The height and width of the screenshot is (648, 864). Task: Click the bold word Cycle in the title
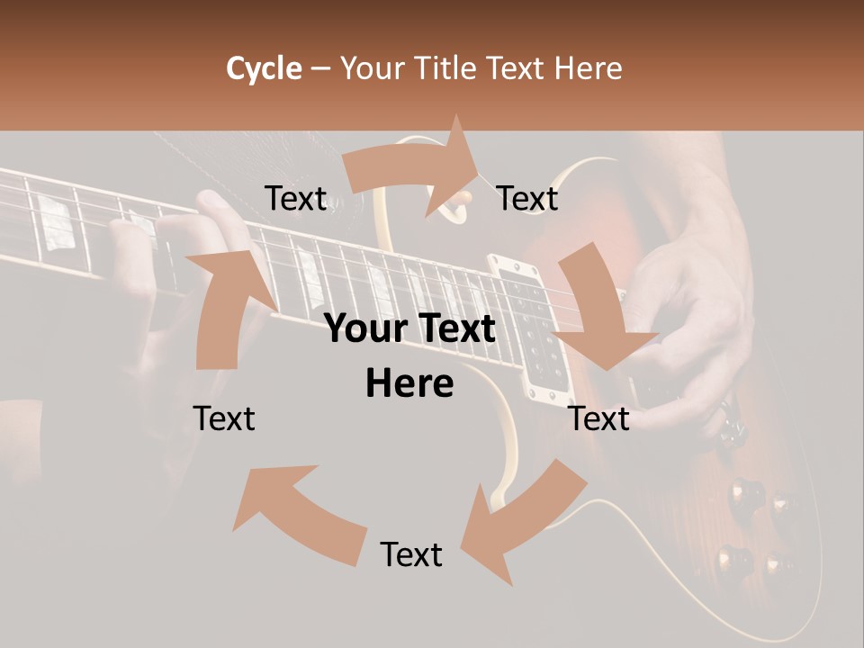pyautogui.click(x=264, y=68)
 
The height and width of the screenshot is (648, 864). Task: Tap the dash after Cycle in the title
pyautogui.click(x=320, y=68)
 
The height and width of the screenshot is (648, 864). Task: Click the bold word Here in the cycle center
pyautogui.click(x=409, y=384)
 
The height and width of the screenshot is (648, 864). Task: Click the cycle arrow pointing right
pyautogui.click(x=414, y=166)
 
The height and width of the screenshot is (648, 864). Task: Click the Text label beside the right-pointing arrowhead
pyautogui.click(x=527, y=198)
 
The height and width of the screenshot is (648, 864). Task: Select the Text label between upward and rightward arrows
pyautogui.click(x=295, y=198)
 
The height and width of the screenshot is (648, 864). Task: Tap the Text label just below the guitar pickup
pyautogui.click(x=599, y=418)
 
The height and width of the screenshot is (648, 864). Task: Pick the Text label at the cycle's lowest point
pyautogui.click(x=411, y=554)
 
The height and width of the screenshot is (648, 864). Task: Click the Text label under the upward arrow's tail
pyautogui.click(x=224, y=418)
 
